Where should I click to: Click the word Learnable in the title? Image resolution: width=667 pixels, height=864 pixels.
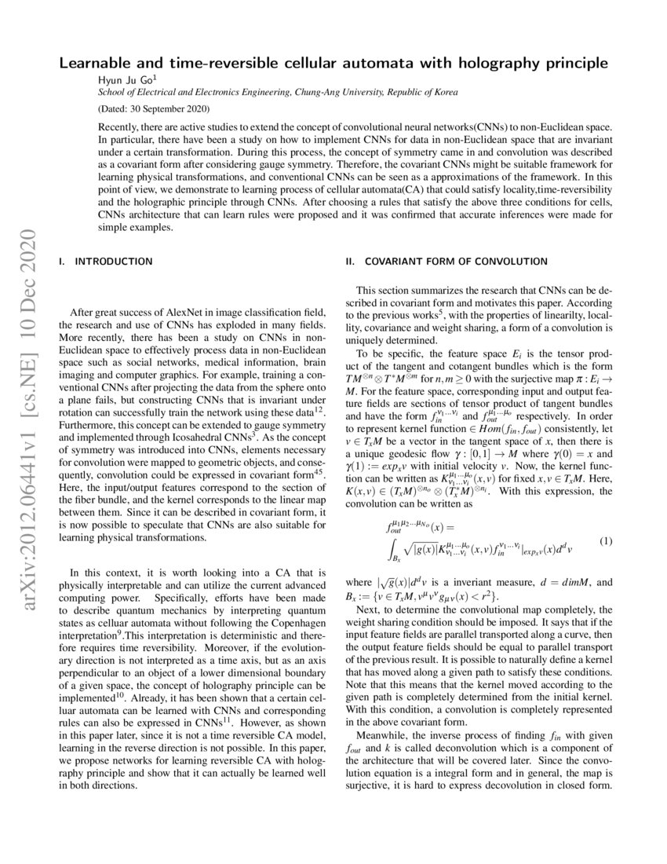coord(100,63)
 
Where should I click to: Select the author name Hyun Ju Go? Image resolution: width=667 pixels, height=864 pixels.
coord(126,79)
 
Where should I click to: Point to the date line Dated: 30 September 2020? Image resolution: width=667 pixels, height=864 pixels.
coord(154,108)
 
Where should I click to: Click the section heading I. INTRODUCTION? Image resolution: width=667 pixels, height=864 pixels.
coord(106,261)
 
